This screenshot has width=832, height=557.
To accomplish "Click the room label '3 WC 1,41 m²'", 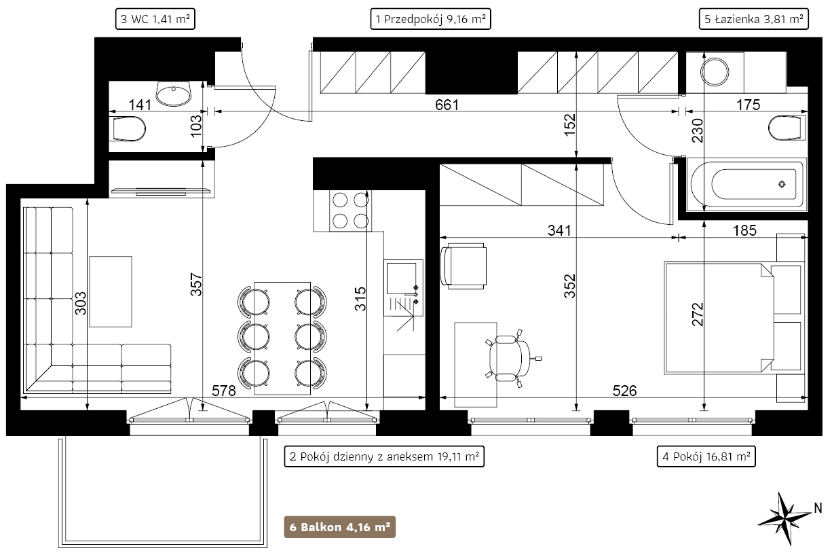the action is point(155,19).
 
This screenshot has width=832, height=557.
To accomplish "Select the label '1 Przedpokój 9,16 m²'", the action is point(430,19).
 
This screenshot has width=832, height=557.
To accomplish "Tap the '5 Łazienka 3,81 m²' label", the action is point(754,19).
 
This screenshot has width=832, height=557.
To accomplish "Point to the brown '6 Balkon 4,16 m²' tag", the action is point(340,527).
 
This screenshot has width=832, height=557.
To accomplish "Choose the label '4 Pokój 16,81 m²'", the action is point(706,456).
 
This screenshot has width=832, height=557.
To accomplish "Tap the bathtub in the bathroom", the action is point(746,185).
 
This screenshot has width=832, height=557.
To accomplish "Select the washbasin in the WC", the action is point(174,94).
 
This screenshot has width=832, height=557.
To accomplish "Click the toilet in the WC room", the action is point(127,129).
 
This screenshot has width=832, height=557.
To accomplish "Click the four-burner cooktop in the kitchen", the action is point(350,211).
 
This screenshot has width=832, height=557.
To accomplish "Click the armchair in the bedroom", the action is point(464,266).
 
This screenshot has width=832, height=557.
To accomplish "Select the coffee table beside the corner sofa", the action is point(111,291).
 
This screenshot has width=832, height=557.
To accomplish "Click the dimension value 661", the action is point(447,105).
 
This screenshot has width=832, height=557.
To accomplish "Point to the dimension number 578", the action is point(223,391).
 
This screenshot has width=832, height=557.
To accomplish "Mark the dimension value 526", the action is point(624,391).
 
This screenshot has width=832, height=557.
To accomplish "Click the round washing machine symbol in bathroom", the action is point(715,72).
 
